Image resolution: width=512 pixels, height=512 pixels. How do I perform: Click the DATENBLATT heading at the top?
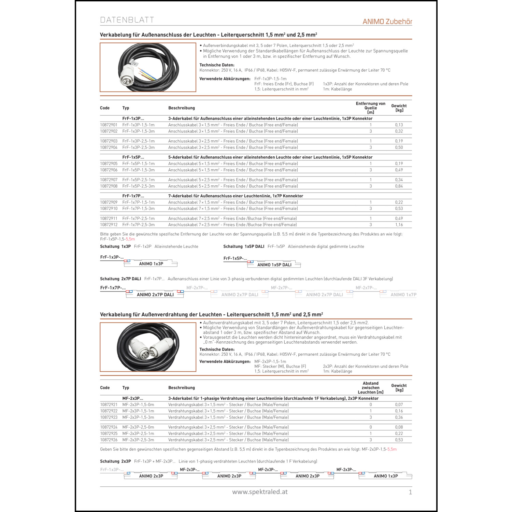pos(127,20)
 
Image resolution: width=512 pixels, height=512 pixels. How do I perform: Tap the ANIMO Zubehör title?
pos(387,22)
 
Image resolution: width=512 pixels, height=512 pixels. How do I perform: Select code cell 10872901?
pos(109,125)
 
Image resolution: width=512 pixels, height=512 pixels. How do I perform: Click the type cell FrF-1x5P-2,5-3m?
pos(138,186)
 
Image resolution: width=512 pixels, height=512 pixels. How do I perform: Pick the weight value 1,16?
pos(399,225)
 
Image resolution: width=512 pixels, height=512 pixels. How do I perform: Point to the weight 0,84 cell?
pos(399,186)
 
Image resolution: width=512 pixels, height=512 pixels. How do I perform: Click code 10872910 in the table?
pos(109,209)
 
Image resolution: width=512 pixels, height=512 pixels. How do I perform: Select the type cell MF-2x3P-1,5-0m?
pos(138,404)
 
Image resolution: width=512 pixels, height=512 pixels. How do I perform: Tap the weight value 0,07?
pos(399,404)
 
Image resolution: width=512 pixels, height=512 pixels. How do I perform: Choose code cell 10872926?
pos(109,440)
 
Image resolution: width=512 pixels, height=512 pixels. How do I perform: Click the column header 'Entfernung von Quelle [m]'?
pos(370,108)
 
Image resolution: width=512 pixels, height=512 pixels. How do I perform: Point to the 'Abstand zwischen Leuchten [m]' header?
pos(370,388)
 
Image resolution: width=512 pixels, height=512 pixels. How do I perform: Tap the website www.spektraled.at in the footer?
pos(260,492)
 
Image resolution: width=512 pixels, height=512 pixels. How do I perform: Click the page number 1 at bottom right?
pos(410,492)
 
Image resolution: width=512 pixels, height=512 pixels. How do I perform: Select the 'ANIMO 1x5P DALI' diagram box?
pos(274,265)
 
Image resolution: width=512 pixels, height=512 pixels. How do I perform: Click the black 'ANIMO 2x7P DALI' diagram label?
pos(155,295)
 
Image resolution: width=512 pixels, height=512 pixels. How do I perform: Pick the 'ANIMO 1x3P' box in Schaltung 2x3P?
pos(386,476)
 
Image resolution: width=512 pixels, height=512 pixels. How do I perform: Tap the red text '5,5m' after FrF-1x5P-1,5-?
pos(130,239)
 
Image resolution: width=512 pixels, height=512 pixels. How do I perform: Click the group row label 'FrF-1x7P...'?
pos(133,196)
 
